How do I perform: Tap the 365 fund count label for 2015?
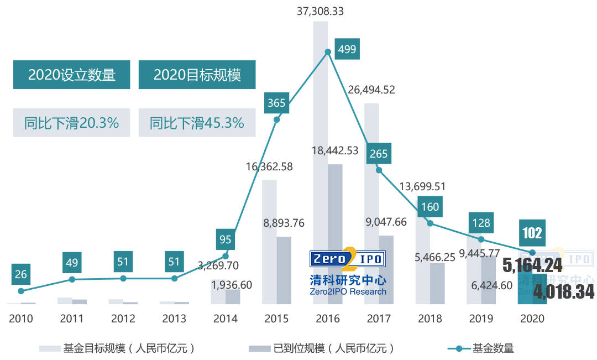276,103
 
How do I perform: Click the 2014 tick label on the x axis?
225,319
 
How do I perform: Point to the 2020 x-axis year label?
532,319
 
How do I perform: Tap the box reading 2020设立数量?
72,75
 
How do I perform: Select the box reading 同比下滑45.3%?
197,123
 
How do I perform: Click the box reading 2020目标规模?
197,75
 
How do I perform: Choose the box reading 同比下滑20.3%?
72,123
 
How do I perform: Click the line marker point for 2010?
21,291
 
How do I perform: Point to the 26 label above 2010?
21,274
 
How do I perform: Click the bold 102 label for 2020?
532,233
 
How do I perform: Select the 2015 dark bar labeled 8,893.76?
284,270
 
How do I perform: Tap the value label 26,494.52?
371,90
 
